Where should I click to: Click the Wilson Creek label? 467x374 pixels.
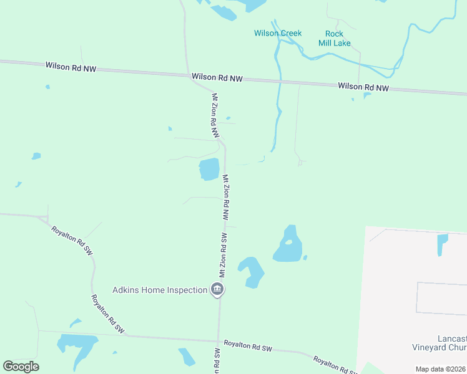[278, 33]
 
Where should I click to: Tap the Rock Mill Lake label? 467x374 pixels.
[338, 38]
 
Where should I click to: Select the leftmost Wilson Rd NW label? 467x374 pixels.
[71, 66]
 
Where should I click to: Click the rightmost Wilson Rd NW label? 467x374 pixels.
[363, 87]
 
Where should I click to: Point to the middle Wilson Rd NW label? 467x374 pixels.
[217, 77]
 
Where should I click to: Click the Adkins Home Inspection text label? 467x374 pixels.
[160, 290]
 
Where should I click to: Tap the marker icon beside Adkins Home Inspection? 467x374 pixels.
[217, 289]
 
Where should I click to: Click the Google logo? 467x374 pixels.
[21, 367]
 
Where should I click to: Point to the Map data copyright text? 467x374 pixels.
[440, 369]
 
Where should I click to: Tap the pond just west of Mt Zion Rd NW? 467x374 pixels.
[209, 169]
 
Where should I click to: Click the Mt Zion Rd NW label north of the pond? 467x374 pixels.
[215, 116]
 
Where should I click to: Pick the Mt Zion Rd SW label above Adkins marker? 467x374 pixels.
[222, 256]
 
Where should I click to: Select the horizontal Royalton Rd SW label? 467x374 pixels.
[248, 344]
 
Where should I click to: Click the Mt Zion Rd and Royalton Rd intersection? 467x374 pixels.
[218, 340]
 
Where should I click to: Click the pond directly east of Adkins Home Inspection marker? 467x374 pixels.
[252, 271]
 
